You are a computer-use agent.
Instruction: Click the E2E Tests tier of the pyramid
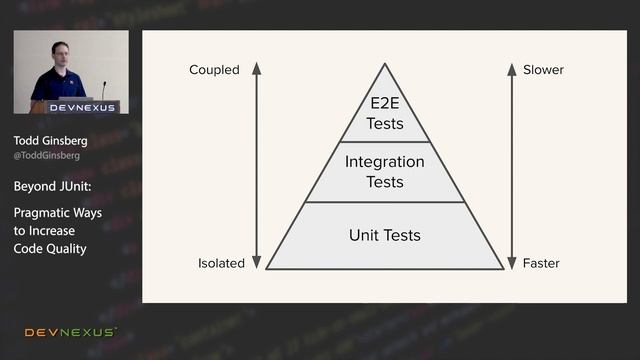385,115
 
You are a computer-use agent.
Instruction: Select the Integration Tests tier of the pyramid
385,172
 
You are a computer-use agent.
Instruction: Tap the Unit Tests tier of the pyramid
385,236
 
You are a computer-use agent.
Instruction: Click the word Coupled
214,70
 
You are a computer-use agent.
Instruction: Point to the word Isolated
221,263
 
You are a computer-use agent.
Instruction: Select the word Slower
543,70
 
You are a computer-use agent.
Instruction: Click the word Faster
541,263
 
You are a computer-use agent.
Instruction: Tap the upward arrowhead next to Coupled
256,68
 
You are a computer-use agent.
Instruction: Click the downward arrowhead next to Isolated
256,263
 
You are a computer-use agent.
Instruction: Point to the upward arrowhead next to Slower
512,68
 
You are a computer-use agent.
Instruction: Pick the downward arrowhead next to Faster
512,263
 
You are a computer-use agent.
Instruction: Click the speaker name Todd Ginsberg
50,141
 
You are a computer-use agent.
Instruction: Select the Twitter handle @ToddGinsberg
47,156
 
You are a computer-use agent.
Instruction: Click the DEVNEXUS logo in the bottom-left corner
70,332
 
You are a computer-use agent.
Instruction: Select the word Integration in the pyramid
385,162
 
